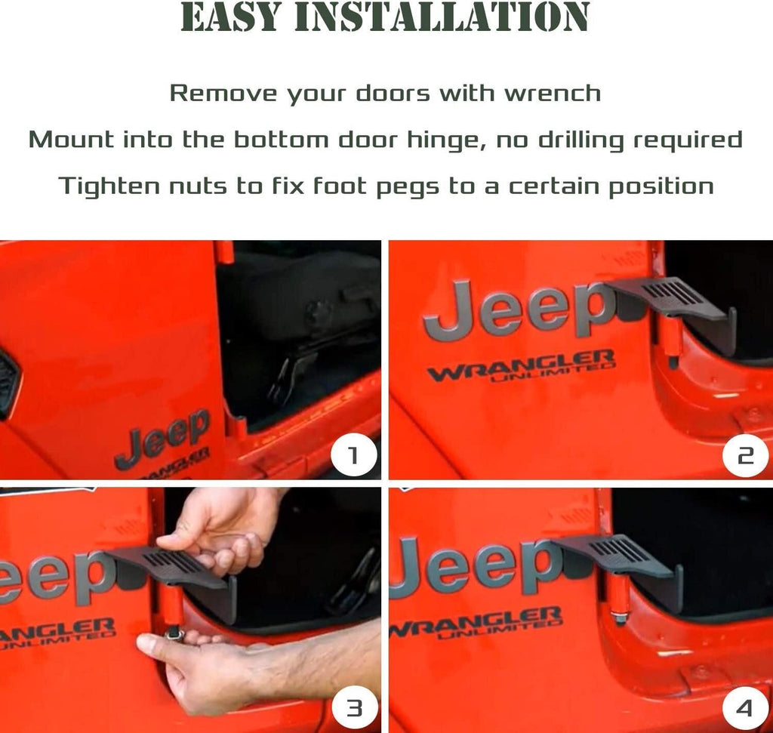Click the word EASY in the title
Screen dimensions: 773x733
231,18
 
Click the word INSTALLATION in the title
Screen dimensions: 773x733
442,18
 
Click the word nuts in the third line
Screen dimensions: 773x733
198,186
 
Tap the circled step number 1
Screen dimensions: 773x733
353,456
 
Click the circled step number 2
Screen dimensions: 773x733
745,456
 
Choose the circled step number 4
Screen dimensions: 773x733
745,709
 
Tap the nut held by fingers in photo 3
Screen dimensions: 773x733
176,634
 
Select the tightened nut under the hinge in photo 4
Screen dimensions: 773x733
618,616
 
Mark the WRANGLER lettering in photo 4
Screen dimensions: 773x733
476,622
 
